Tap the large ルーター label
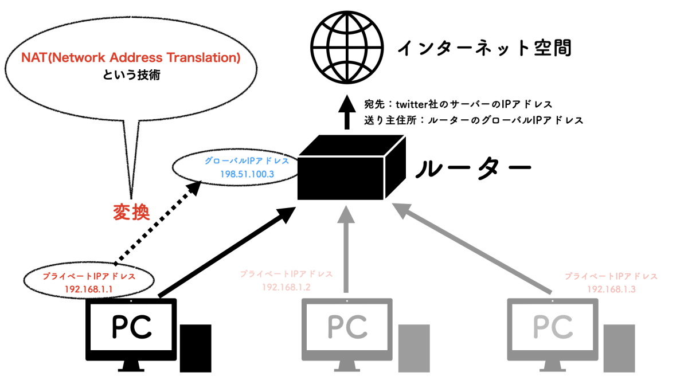473,169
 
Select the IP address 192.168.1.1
89,288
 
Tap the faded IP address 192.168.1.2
286,287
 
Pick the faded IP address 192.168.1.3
611,288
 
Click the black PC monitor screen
131,327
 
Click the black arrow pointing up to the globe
346,112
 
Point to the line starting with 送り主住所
474,121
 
